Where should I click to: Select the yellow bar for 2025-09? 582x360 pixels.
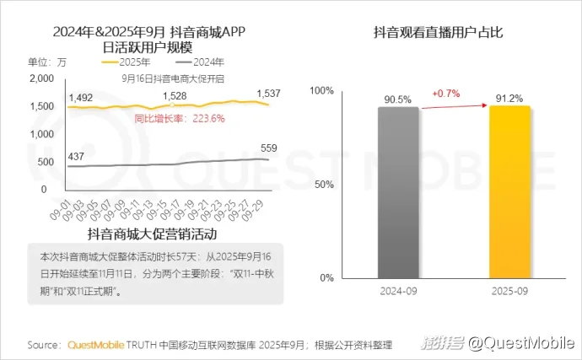[510, 191]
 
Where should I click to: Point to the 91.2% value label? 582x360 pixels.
[510, 97]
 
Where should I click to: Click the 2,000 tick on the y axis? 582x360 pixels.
[41, 78]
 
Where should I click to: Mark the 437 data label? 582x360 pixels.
[76, 157]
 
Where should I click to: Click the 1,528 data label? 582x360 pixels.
[175, 96]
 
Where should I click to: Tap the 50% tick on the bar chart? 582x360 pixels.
[325, 183]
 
